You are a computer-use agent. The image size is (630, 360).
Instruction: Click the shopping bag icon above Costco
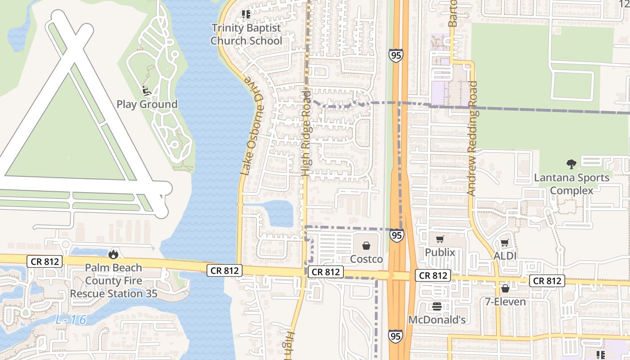[366, 246]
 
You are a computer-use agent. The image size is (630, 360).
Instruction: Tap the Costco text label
[366, 259]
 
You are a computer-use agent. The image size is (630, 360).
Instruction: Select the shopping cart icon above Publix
[440, 239]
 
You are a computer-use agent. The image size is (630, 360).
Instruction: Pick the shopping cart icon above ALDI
[504, 243]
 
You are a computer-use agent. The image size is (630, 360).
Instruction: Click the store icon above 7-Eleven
[505, 288]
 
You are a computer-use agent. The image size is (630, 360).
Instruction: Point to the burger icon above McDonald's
[436, 307]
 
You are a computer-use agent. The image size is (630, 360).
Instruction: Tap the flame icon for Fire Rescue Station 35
[113, 254]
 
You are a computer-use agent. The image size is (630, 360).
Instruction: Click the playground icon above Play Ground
[146, 91]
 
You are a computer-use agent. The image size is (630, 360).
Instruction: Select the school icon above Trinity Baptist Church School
[246, 15]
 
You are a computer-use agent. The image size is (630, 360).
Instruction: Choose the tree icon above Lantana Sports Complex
[571, 164]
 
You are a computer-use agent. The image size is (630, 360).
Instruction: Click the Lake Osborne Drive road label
[252, 126]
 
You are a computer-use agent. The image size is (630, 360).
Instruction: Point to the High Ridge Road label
[306, 133]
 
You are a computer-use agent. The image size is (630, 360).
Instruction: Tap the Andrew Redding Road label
[472, 138]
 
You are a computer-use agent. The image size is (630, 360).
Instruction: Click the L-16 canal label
[70, 320]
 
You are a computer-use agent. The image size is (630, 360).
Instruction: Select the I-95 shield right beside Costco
[396, 235]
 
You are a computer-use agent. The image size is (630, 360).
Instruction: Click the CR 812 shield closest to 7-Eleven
[547, 281]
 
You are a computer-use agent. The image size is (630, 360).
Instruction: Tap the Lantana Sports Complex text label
[571, 184]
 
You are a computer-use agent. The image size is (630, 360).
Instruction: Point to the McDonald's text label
[436, 320]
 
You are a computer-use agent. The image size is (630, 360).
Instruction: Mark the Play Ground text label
[147, 104]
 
